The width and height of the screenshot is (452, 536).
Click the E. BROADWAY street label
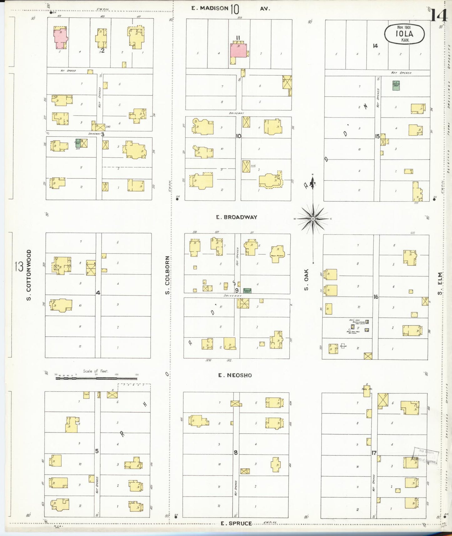[236, 217]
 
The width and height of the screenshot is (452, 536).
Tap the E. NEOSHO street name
[235, 375]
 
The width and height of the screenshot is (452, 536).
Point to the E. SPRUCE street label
[236, 523]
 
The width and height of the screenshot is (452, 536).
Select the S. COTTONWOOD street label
[29, 275]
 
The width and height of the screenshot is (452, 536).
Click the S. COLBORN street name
[167, 275]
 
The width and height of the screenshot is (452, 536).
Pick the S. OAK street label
[306, 279]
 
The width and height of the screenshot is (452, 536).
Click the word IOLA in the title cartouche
[404, 34]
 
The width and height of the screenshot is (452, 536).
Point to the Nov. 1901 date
[404, 28]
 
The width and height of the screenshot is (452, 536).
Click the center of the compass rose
[313, 219]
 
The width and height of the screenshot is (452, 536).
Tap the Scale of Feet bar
[97, 378]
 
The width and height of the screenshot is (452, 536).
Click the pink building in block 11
[238, 50]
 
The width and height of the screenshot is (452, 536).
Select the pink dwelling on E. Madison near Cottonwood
[60, 38]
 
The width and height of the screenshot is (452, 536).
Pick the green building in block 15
[396, 85]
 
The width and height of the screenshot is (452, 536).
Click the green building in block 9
[247, 291]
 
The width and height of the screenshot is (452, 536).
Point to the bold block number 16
[376, 297]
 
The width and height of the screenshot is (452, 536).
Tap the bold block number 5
[97, 451]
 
